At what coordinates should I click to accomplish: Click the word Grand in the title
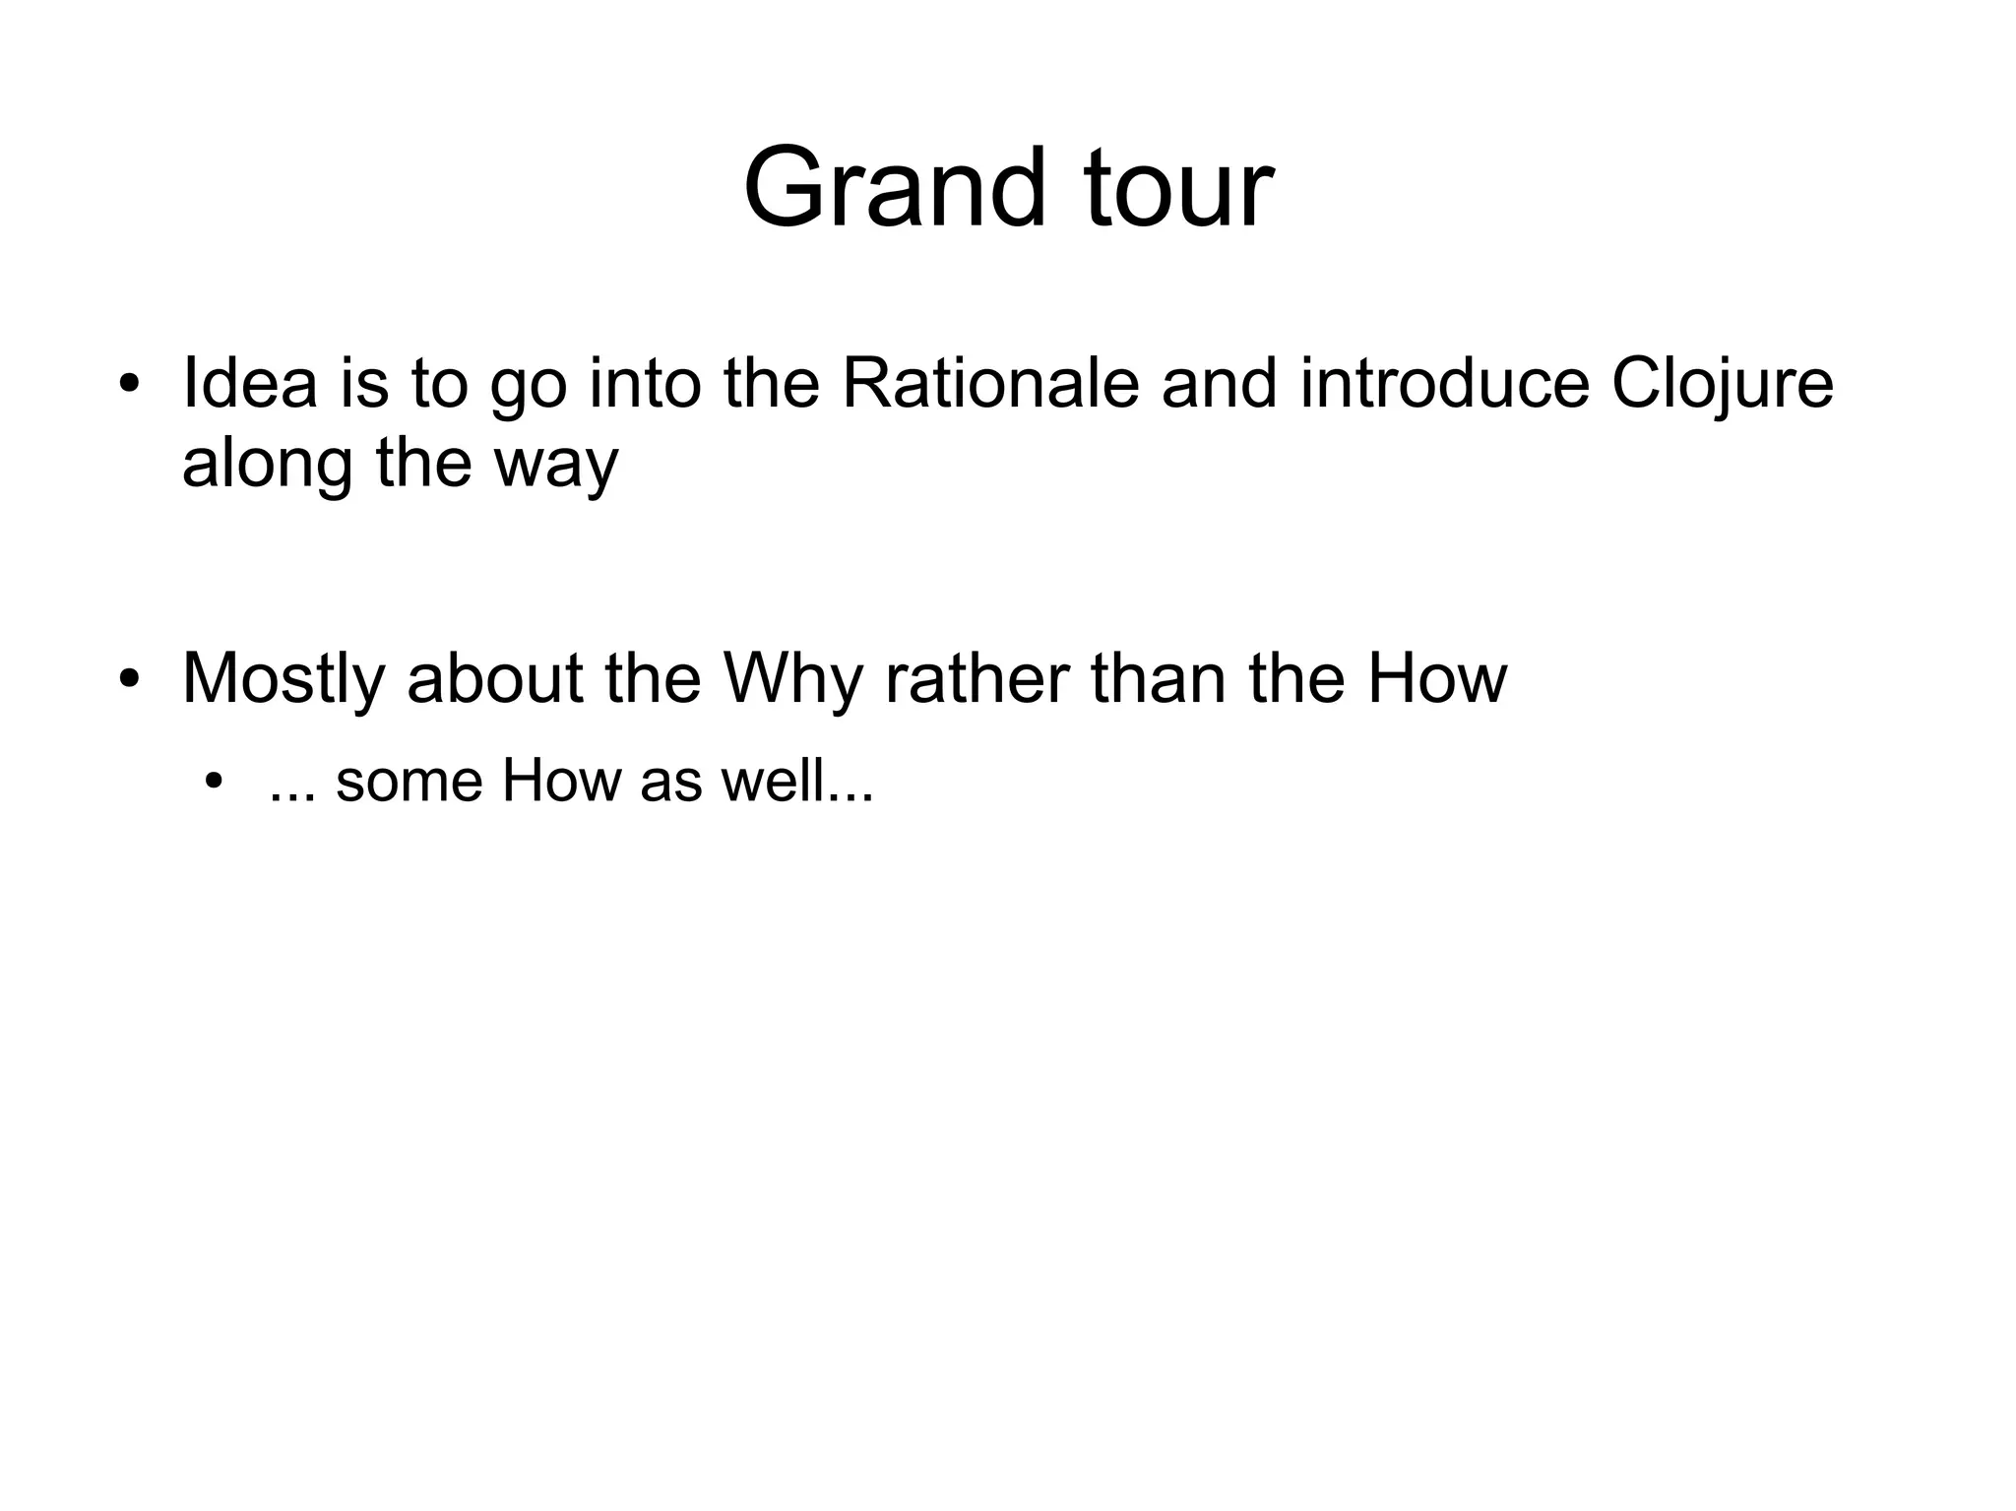(894, 188)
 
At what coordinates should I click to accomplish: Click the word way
(556, 465)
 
